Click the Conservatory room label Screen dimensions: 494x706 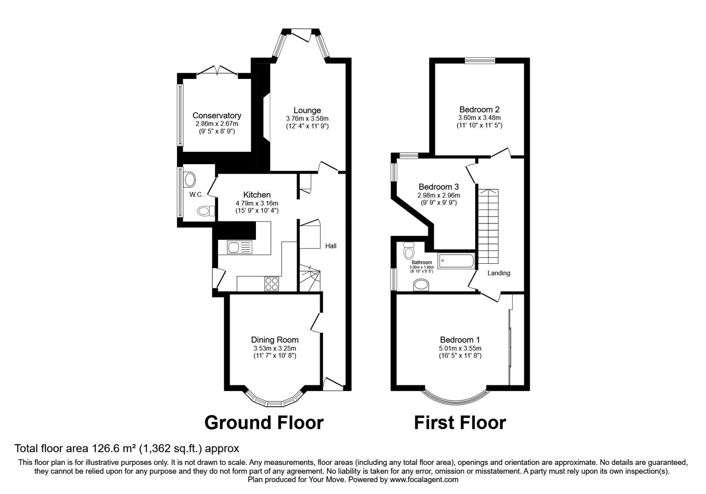pyautogui.click(x=217, y=116)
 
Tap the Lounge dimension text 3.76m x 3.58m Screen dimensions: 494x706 pyautogui.click(x=307, y=119)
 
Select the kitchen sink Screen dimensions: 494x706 pyautogui.click(x=240, y=247)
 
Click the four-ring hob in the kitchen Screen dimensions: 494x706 pyautogui.click(x=272, y=284)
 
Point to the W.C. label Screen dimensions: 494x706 pyautogui.click(x=196, y=195)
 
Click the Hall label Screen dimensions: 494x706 pyautogui.click(x=331, y=246)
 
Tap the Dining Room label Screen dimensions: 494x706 pyautogui.click(x=274, y=340)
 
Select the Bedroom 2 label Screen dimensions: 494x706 pyautogui.click(x=479, y=109)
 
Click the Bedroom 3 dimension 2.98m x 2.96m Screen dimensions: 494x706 pyautogui.click(x=439, y=195)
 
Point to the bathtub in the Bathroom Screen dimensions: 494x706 pyautogui.click(x=456, y=261)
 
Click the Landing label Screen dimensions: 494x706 pyautogui.click(x=499, y=273)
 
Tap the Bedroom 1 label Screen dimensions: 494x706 pyautogui.click(x=460, y=340)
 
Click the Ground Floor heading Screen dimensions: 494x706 pyautogui.click(x=264, y=423)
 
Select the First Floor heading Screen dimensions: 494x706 pyautogui.click(x=460, y=423)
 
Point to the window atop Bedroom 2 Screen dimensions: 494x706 pyautogui.click(x=480, y=61)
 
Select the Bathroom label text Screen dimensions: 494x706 pyautogui.click(x=422, y=262)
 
